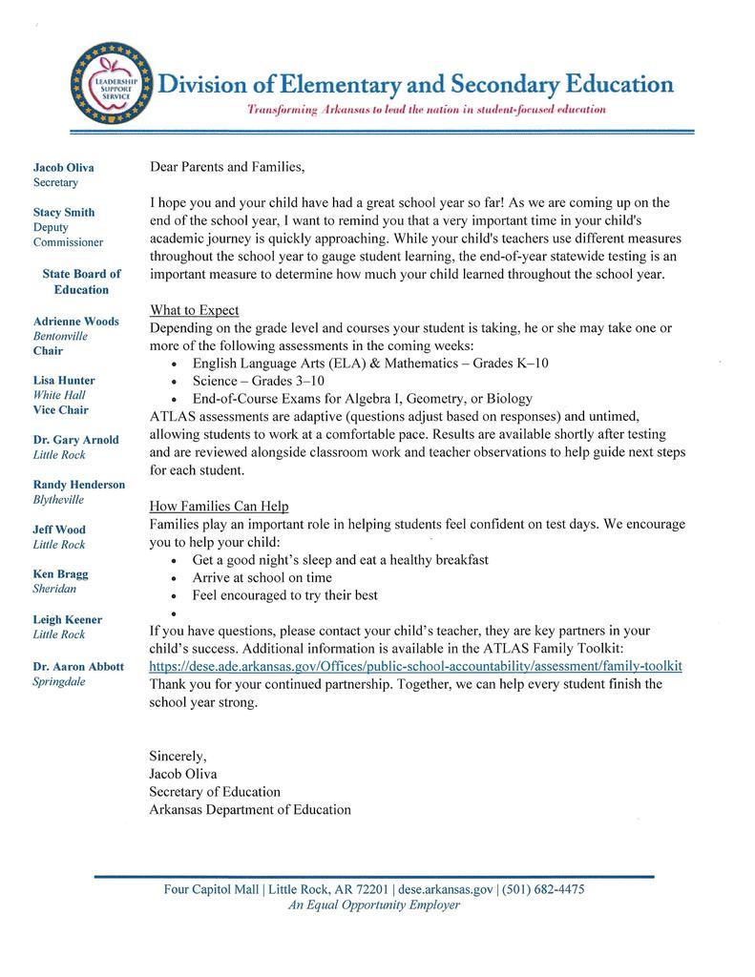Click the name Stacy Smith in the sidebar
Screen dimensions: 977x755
pyautogui.click(x=64, y=212)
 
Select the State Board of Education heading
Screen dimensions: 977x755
pyautogui.click(x=81, y=281)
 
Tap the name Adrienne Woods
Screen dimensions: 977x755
pyautogui.click(x=76, y=322)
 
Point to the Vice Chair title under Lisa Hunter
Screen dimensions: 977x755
pyautogui.click(x=61, y=410)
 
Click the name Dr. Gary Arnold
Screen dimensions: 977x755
pyautogui.click(x=76, y=440)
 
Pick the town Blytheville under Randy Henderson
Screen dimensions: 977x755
pyautogui.click(x=58, y=500)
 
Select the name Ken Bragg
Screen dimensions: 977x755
pyautogui.click(x=60, y=574)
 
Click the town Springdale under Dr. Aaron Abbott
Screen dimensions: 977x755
pyautogui.click(x=59, y=682)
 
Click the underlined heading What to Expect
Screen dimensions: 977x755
pyautogui.click(x=195, y=311)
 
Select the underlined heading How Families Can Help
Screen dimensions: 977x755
pyautogui.click(x=219, y=507)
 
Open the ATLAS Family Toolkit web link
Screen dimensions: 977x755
pyautogui.click(x=415, y=666)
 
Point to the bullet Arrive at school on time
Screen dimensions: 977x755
pyautogui.click(x=262, y=578)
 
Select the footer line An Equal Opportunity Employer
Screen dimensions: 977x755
pyautogui.click(x=374, y=905)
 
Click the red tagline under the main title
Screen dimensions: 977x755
pyautogui.click(x=427, y=111)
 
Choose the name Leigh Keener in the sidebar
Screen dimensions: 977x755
pyautogui.click(x=67, y=619)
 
